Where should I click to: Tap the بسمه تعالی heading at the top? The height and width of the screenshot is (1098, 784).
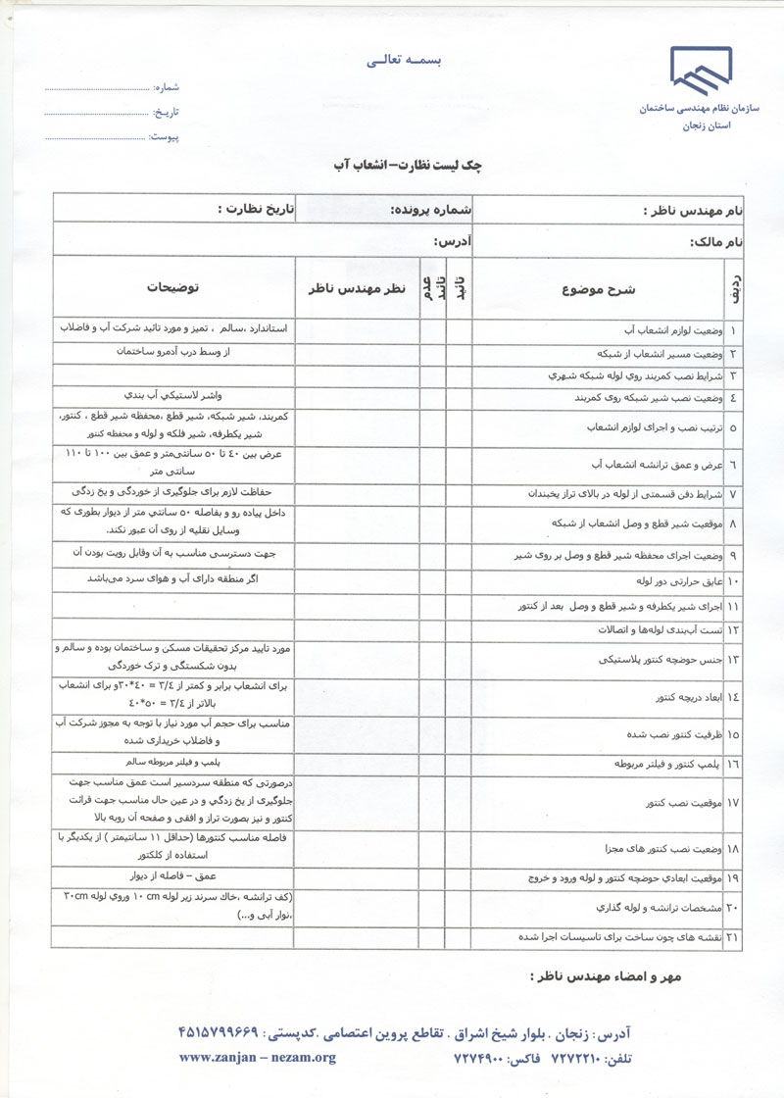[x=405, y=61]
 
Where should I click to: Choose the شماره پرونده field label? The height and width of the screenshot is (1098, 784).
[x=431, y=210]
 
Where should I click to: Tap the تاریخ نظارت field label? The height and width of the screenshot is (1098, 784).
[x=257, y=210]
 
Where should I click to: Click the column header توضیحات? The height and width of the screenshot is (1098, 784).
[x=172, y=288]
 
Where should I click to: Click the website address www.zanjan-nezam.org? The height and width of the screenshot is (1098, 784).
[x=257, y=1058]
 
